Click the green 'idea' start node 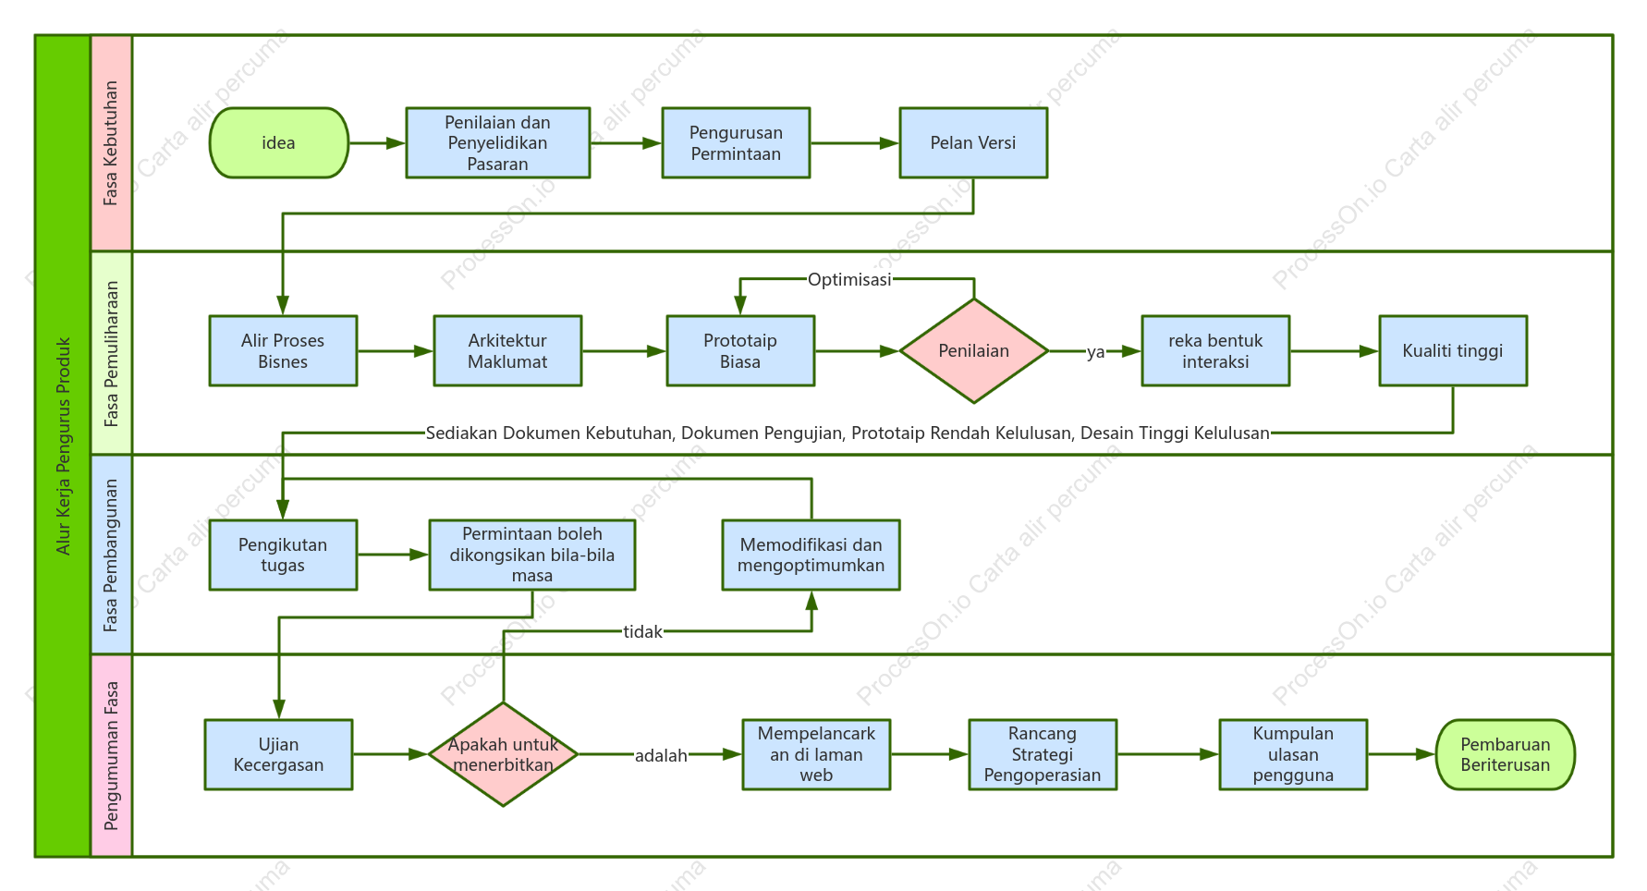[x=279, y=142]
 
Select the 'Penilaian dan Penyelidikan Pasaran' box [x=497, y=142]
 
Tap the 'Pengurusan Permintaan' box [x=736, y=142]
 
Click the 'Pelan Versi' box [x=973, y=142]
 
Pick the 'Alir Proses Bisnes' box [x=283, y=350]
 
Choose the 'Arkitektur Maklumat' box [x=507, y=350]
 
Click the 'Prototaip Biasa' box [x=740, y=350]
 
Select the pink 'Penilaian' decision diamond [x=974, y=350]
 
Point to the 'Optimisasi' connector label [x=849, y=279]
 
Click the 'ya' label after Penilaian [x=1095, y=351]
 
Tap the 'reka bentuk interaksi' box [x=1215, y=350]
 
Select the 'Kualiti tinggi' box [x=1453, y=350]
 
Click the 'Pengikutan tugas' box [x=283, y=555]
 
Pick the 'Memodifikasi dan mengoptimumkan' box [x=811, y=555]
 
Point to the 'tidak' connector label [x=642, y=631]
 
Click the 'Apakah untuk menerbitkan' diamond [x=503, y=754]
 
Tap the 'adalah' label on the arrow [x=661, y=755]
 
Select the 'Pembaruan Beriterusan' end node [x=1506, y=754]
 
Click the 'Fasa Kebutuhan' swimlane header [x=111, y=143]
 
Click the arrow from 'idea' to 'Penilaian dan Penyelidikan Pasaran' [x=377, y=143]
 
